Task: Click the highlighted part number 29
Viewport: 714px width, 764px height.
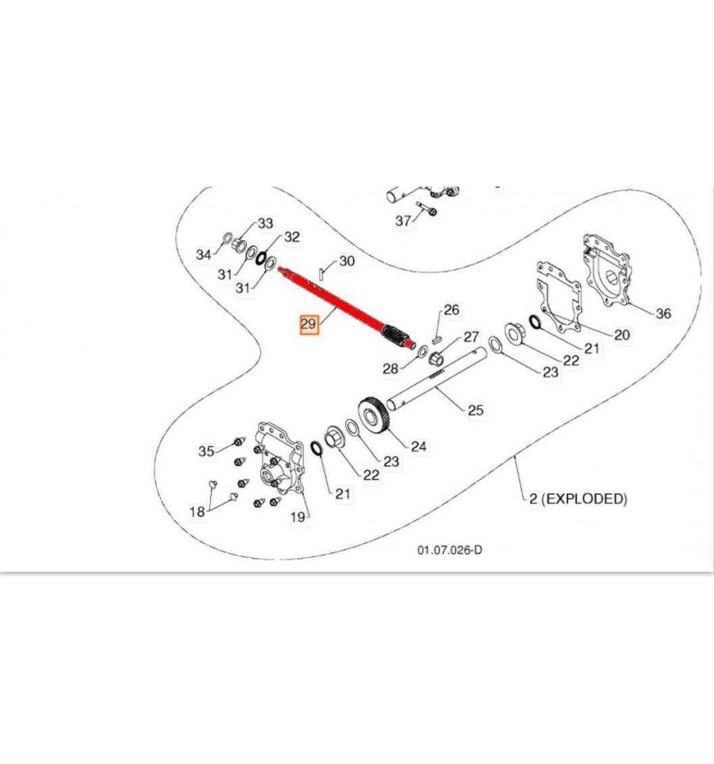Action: coord(309,325)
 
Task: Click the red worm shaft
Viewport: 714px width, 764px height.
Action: coord(343,306)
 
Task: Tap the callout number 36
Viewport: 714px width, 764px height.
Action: coord(663,313)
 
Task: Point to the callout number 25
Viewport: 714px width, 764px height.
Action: coord(476,409)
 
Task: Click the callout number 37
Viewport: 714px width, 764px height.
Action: coord(403,220)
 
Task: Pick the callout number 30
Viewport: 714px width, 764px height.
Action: coord(347,261)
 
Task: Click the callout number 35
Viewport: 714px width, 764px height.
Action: coord(206,451)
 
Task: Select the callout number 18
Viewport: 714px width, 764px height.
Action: coord(197,511)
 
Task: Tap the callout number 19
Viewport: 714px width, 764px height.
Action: coord(298,517)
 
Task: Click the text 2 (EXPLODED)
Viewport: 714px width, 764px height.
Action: coord(578,498)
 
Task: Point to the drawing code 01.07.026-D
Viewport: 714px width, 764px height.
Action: coord(449,550)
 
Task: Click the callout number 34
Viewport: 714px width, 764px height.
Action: coord(203,254)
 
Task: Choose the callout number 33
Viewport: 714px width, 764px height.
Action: coord(265,224)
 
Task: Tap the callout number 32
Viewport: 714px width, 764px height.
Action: coord(291,237)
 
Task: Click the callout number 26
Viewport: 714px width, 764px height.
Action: coord(452,310)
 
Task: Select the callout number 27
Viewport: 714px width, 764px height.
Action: coord(472,336)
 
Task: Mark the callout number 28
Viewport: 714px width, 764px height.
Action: coord(391,369)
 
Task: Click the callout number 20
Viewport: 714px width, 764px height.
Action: coord(621,334)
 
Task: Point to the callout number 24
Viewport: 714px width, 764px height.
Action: coord(419,446)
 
